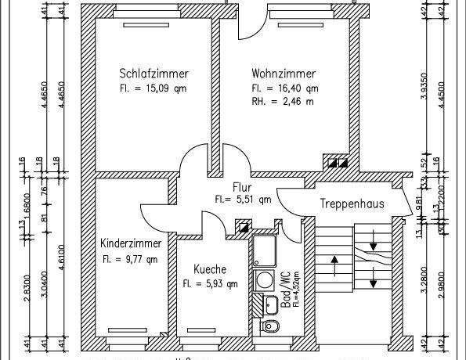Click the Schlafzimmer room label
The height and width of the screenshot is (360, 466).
pyautogui.click(x=154, y=74)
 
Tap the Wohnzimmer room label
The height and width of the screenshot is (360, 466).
pyautogui.click(x=284, y=74)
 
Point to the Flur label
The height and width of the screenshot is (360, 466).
pyautogui.click(x=242, y=187)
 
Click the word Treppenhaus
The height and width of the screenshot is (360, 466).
pyautogui.click(x=351, y=203)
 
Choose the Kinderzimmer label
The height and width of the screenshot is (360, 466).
pyautogui.click(x=135, y=243)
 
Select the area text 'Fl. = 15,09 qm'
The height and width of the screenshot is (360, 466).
pyautogui.click(x=154, y=88)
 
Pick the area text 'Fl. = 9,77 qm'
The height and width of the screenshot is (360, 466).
pyautogui.click(x=130, y=258)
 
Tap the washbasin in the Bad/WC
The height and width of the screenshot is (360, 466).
pyautogui.click(x=270, y=304)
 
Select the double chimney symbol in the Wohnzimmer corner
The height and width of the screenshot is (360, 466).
pyautogui.click(x=338, y=163)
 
